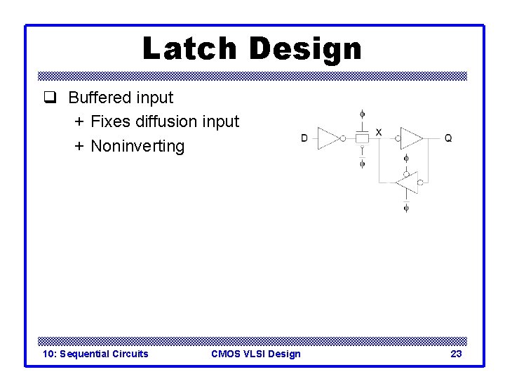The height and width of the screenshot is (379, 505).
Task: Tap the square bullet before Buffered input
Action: pyautogui.click(x=48, y=98)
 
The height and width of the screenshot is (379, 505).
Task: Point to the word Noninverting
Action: pyautogui.click(x=137, y=146)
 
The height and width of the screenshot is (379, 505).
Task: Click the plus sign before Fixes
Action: pyautogui.click(x=79, y=121)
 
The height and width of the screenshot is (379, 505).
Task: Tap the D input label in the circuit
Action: pyautogui.click(x=304, y=138)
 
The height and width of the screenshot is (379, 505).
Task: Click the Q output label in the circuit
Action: pyautogui.click(x=448, y=138)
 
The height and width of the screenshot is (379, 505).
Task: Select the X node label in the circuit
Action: pyautogui.click(x=379, y=132)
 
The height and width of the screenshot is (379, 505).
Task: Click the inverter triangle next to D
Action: pyautogui.click(x=328, y=138)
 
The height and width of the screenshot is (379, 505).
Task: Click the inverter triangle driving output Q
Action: pyautogui.click(x=410, y=138)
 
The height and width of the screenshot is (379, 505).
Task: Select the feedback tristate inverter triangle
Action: pyautogui.click(x=406, y=182)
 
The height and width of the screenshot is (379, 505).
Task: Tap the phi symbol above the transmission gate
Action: pyautogui.click(x=362, y=113)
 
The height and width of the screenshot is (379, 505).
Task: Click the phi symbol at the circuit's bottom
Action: pyautogui.click(x=406, y=208)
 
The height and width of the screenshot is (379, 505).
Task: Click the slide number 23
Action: pyautogui.click(x=456, y=354)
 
